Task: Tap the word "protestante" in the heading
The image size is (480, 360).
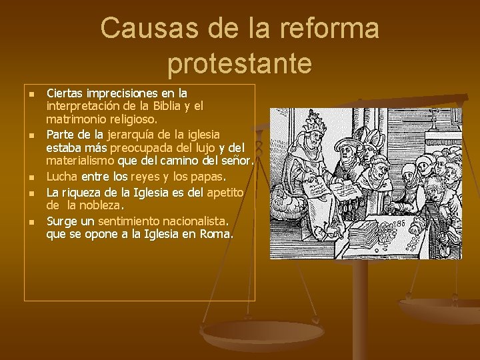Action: coord(240,64)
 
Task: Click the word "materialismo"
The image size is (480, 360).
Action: coord(80,161)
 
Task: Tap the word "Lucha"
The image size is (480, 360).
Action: coord(62,177)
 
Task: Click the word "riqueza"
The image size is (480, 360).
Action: coord(84,193)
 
